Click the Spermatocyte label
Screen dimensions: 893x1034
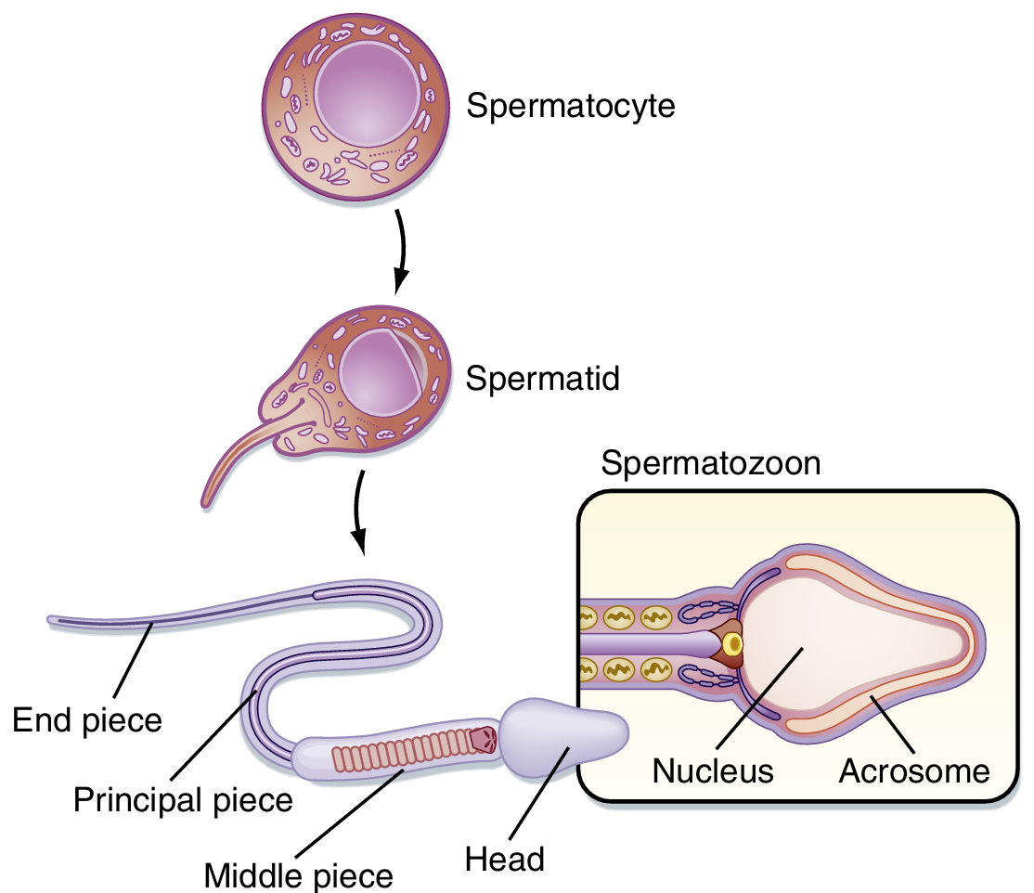coord(570,106)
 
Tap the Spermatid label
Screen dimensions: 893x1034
coord(543,379)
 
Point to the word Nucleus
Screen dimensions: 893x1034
coord(712,770)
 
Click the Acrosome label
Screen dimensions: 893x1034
coord(913,770)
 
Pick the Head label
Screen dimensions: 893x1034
coord(505,859)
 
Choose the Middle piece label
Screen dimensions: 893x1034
coord(298,874)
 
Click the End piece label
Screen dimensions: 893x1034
coord(87,719)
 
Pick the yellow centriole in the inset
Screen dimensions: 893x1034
coord(734,641)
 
